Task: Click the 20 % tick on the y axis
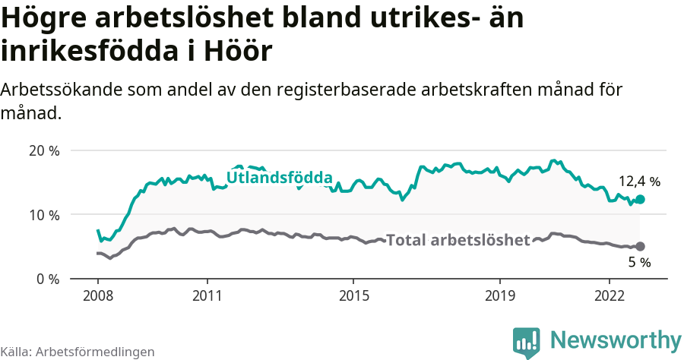click(44, 150)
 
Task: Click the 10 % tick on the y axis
click(44, 215)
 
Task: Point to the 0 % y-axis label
click(47, 279)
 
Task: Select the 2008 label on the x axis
click(98, 295)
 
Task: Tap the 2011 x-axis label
click(207, 295)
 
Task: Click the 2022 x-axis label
click(610, 295)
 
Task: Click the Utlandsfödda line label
click(280, 178)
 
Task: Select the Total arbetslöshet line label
click(458, 241)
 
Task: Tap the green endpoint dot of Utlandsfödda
click(640, 199)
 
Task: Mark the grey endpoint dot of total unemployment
click(640, 246)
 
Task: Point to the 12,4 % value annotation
click(639, 182)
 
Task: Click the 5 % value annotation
click(639, 263)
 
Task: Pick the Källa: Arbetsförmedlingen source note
click(78, 352)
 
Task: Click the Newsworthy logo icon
click(526, 341)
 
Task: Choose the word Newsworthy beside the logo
click(616, 339)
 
